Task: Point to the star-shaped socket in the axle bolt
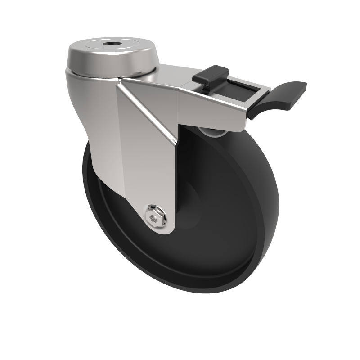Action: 154,219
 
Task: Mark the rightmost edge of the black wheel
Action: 278,202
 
